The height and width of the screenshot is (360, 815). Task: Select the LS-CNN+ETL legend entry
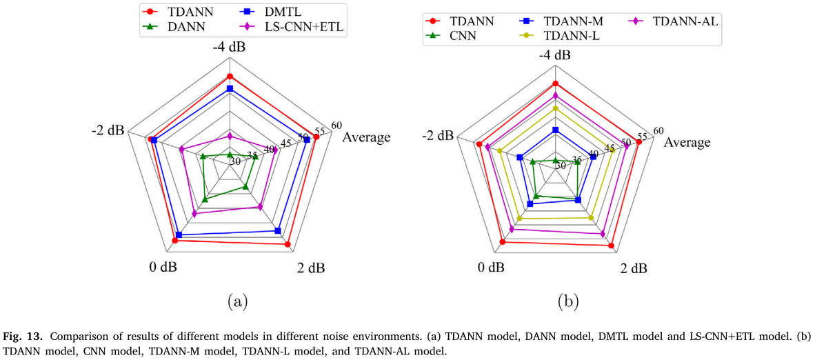303,27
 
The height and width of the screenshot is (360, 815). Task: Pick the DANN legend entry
187,27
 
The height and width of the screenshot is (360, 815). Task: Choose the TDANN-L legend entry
571,36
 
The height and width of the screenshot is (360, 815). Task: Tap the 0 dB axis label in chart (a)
163,267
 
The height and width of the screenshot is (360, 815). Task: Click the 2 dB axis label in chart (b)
633,268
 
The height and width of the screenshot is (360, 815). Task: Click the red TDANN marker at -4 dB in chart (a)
230,77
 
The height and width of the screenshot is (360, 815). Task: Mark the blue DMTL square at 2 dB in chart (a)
278,230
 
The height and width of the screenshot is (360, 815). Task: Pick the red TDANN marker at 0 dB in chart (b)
502,242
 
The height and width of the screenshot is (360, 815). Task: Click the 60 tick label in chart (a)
336,125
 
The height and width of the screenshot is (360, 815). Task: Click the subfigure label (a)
235,301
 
